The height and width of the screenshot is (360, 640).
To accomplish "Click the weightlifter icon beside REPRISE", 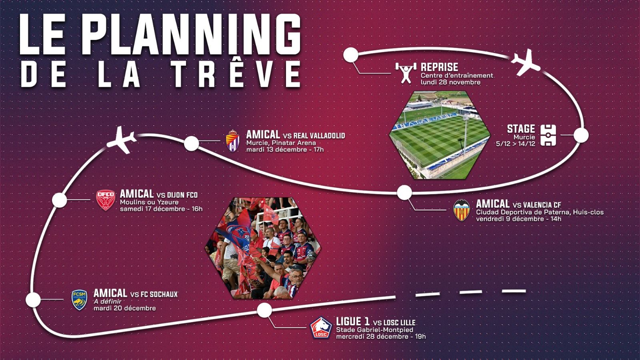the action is point(406,73).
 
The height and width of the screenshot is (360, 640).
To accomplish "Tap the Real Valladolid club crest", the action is point(233,140).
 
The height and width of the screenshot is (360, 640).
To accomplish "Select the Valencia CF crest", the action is point(462,210).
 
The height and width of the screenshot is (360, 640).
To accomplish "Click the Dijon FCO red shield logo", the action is point(106,200).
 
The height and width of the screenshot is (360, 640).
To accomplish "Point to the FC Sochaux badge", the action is point(79,300).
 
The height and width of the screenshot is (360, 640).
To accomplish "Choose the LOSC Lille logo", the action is point(321,328).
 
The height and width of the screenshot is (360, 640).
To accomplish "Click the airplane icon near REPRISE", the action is point(525,62).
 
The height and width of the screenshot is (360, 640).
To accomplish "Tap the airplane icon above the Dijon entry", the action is point(122,140).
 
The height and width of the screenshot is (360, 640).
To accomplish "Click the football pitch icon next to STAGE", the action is point(548,135).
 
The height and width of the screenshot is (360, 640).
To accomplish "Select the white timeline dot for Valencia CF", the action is point(404,192).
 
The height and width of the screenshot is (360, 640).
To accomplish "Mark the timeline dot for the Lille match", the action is point(264,310).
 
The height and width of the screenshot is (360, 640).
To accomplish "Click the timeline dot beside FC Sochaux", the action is point(33,300).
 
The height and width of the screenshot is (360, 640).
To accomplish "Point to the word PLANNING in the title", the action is point(191,34).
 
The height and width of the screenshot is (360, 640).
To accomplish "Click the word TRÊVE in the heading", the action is point(237,74).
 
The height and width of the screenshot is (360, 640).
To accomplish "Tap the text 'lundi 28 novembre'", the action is point(450,82).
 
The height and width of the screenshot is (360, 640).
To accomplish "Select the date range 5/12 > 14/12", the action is point(516,144).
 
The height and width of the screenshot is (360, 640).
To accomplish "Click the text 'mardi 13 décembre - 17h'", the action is point(285,150).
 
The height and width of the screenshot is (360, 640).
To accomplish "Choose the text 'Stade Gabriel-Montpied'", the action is point(374,330).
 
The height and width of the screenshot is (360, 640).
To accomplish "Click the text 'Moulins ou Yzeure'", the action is point(149,202).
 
